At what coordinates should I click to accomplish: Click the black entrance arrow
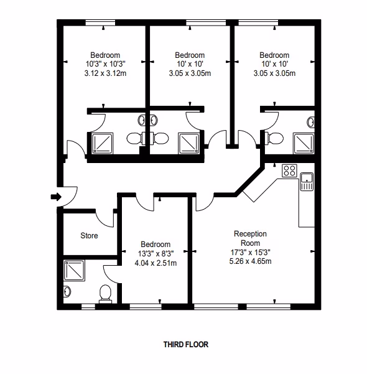(x=56, y=197)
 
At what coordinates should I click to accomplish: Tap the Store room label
(x=89, y=236)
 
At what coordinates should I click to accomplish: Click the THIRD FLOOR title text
(x=186, y=344)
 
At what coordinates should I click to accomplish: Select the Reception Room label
(x=250, y=238)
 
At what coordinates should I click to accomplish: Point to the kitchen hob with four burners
(x=289, y=171)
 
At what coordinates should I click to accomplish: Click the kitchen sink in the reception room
(x=307, y=182)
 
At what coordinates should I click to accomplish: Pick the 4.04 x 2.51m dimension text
(x=156, y=263)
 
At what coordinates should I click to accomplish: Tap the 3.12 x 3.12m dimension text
(x=105, y=73)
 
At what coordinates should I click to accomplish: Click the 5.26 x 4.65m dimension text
(x=250, y=261)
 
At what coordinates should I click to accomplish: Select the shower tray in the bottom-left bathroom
(x=74, y=270)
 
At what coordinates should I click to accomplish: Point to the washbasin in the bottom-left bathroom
(x=67, y=291)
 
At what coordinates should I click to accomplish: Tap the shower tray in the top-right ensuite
(x=304, y=143)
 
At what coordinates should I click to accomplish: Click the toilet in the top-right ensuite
(x=276, y=138)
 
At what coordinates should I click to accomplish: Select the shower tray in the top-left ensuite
(x=103, y=144)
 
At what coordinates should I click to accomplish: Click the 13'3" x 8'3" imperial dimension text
(x=156, y=253)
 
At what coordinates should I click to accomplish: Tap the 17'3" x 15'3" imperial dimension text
(x=250, y=252)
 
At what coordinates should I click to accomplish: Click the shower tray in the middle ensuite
(x=189, y=143)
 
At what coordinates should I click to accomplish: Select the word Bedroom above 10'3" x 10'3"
(x=105, y=55)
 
